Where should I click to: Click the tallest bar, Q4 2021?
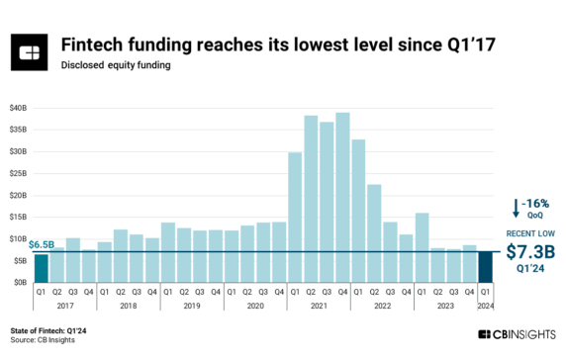(x=342, y=198)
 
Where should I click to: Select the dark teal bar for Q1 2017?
(x=41, y=268)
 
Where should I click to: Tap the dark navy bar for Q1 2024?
(x=484, y=266)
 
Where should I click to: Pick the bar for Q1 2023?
(x=422, y=247)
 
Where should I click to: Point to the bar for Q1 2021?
(x=295, y=218)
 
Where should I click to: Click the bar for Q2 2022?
(x=374, y=232)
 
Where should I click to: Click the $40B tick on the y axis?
(x=19, y=107)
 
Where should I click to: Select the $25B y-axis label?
(x=19, y=173)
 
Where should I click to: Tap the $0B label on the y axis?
(x=21, y=282)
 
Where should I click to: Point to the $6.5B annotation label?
(x=41, y=243)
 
